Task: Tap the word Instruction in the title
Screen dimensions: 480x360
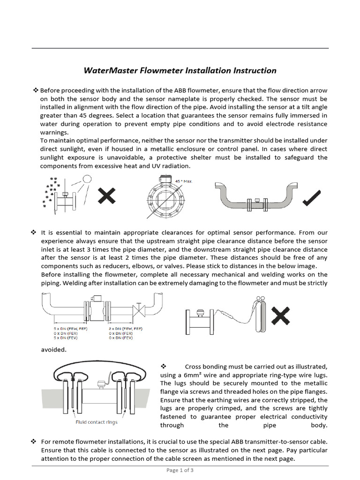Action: tap(255, 71)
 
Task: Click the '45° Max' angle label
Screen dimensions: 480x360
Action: tap(183, 181)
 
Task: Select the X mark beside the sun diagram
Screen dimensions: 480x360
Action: tap(107, 195)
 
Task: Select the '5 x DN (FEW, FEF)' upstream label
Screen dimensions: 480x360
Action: tap(70, 329)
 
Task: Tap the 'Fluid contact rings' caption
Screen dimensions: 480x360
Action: tap(97, 422)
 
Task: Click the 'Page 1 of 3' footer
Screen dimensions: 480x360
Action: tap(180, 470)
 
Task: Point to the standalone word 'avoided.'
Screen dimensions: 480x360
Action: tap(53, 349)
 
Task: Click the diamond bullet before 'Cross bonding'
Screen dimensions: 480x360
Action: tap(164, 366)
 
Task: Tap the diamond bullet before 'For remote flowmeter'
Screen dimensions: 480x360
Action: tap(34, 442)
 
